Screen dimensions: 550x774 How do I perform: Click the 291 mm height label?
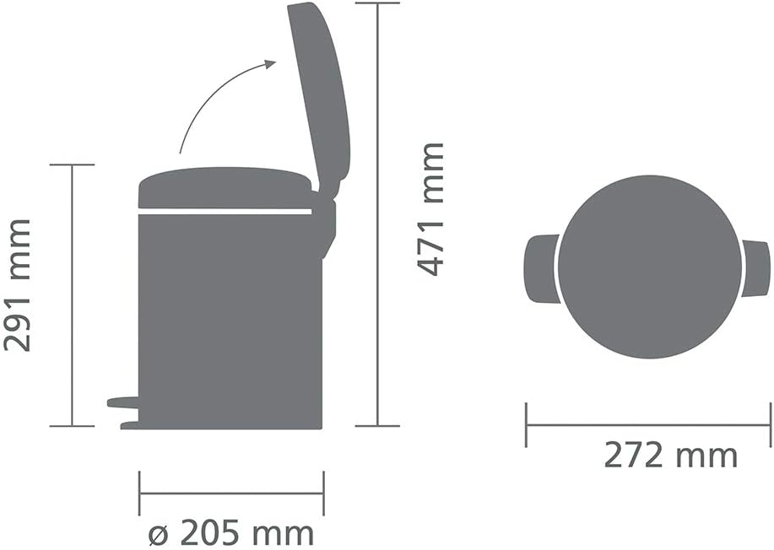[x=19, y=285]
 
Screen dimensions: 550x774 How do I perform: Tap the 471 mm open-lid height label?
[x=430, y=209]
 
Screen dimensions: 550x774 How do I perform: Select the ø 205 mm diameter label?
[x=230, y=533]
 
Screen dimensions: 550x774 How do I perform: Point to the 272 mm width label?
[x=670, y=456]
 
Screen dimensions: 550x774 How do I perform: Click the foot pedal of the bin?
[x=122, y=402]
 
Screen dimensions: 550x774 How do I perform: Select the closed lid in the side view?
[x=225, y=188]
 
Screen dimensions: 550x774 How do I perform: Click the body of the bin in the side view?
[x=230, y=321]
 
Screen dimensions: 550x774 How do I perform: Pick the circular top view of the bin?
[x=651, y=267]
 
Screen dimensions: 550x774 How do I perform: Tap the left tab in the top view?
[x=540, y=268]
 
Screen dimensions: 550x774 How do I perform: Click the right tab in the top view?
[x=756, y=268]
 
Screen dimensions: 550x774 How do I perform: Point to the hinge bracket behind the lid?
[x=327, y=221]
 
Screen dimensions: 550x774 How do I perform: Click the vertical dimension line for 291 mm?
[x=72, y=295]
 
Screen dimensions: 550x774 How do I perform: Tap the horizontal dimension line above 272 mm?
[x=648, y=425]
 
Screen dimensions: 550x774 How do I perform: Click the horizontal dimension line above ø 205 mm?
[x=230, y=493]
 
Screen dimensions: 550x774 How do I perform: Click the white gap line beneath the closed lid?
[x=225, y=212]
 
